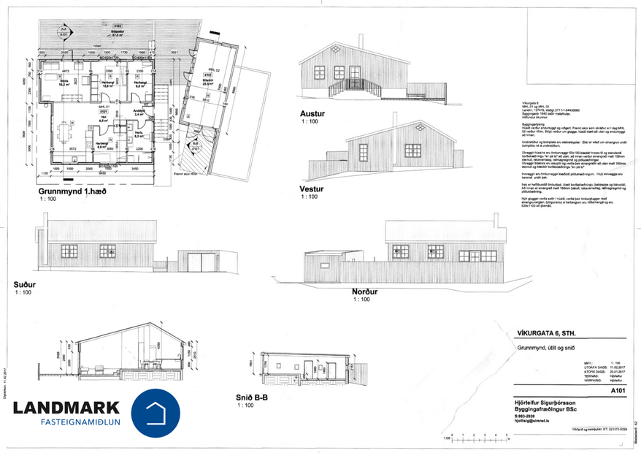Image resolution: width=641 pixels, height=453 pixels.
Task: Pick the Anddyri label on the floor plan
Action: (137, 111)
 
